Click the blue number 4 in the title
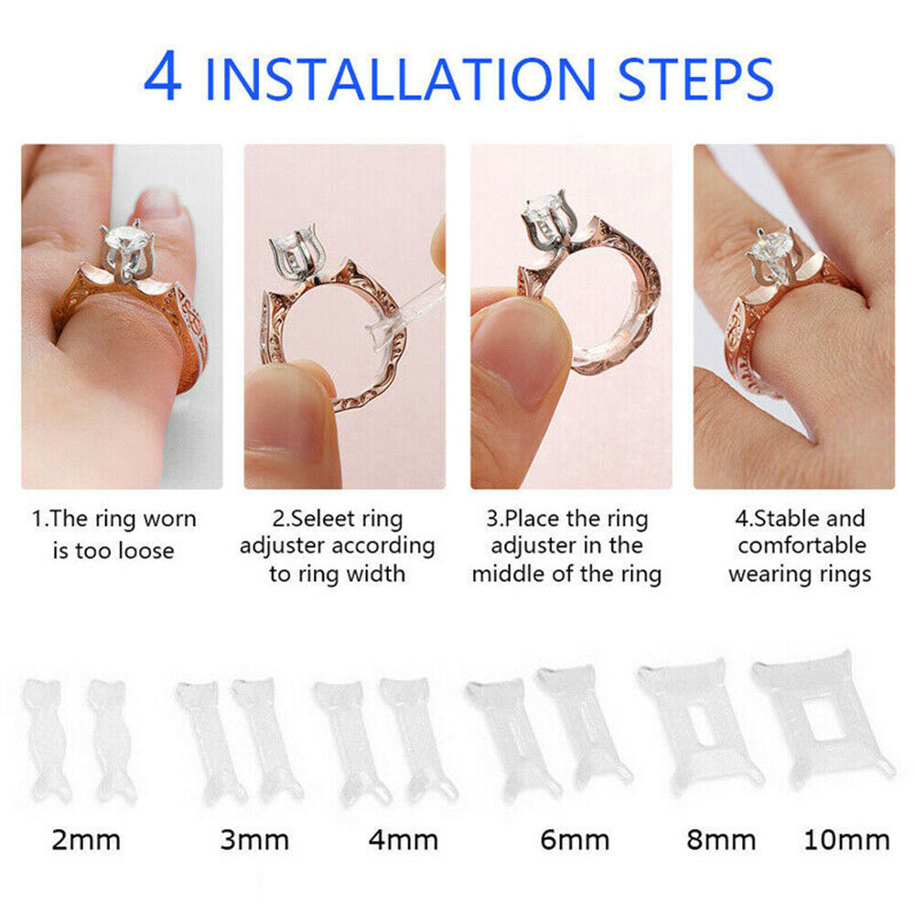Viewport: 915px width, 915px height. click(162, 76)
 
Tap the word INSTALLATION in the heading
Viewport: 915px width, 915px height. click(401, 79)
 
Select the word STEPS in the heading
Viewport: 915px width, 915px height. click(695, 79)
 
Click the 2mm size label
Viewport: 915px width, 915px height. click(86, 840)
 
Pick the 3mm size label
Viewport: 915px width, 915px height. click(254, 840)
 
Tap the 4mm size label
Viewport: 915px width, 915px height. click(404, 840)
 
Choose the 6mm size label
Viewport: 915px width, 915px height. click(575, 840)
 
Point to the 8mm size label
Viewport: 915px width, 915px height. click(721, 840)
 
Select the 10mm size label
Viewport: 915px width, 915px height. click(846, 840)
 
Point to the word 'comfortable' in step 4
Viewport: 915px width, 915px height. click(802, 545)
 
